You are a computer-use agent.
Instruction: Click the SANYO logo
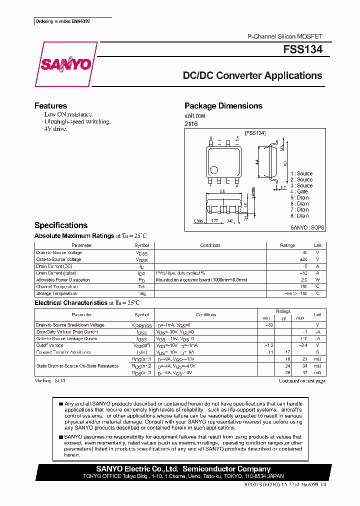pyautogui.click(x=65, y=64)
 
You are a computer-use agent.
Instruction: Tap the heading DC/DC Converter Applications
pyautogui.click(x=252, y=76)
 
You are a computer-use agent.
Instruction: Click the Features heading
pyautogui.click(x=50, y=106)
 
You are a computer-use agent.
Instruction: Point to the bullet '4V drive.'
pyautogui.click(x=55, y=128)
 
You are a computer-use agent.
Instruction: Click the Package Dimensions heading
pyautogui.click(x=223, y=106)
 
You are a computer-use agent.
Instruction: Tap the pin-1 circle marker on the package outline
pyautogui.click(x=214, y=169)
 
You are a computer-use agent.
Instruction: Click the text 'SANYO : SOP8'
pyautogui.click(x=307, y=227)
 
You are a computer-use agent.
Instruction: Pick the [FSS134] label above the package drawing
pyautogui.click(x=254, y=133)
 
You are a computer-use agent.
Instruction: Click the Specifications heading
pyautogui.click(x=61, y=225)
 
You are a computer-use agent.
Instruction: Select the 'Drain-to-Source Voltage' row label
pyautogui.click(x=59, y=252)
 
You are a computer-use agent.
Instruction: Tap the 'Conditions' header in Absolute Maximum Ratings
pyautogui.click(x=210, y=245)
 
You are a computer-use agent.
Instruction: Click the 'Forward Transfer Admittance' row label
pyautogui.click(x=64, y=352)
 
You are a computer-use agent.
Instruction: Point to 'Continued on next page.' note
pyautogui.click(x=302, y=381)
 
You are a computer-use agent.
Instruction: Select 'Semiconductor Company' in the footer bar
pyautogui.click(x=226, y=469)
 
